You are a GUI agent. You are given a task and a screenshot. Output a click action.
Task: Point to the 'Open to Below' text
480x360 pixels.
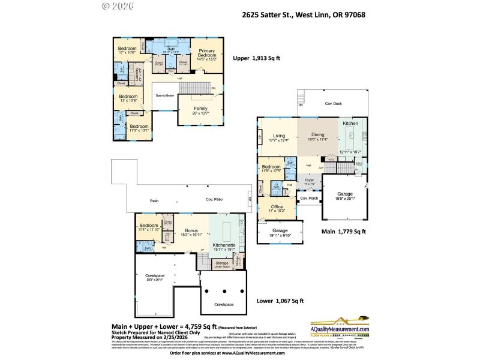[164, 95]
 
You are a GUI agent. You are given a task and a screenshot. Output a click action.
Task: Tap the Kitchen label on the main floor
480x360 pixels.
[350, 123]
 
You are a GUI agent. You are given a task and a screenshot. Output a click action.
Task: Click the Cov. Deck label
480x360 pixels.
[333, 104]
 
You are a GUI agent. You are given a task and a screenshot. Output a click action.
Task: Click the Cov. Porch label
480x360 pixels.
[308, 198]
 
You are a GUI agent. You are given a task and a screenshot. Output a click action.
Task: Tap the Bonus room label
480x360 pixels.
[191, 231]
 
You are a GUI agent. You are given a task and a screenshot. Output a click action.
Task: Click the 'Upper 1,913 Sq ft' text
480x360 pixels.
[256, 59]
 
